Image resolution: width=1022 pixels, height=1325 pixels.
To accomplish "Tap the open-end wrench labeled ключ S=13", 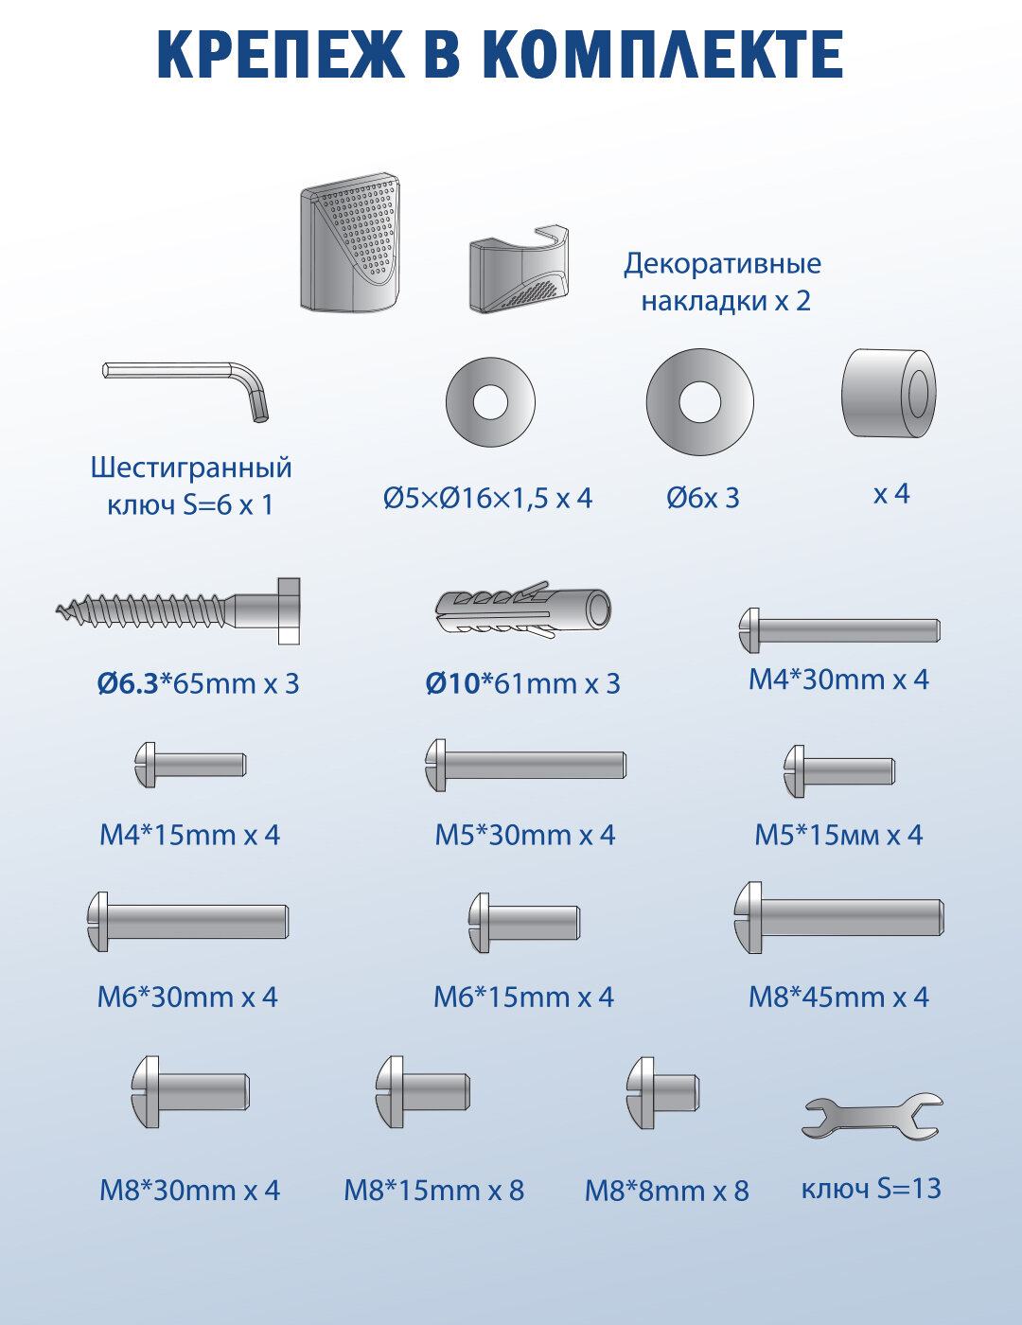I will [872, 1116].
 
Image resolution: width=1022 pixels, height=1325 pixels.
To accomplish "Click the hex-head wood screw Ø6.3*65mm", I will [180, 611].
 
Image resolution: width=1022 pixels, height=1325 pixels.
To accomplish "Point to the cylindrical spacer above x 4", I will [889, 394].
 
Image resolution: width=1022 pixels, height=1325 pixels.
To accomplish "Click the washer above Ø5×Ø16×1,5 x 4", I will [490, 402].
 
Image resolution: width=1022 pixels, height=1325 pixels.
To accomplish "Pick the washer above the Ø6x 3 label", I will [699, 402].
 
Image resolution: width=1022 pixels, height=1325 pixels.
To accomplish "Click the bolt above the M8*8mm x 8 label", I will [662, 1093].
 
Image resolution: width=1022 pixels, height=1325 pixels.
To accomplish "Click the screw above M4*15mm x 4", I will [190, 764].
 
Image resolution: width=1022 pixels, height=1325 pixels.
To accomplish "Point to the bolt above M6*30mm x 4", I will [187, 921].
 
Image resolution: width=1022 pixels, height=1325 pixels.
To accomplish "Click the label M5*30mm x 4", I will [524, 835].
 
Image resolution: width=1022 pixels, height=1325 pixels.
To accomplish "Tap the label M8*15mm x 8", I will [433, 1190].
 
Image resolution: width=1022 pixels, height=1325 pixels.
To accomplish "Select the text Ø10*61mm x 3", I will [522, 683].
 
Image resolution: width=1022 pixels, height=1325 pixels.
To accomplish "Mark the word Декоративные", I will [722, 263].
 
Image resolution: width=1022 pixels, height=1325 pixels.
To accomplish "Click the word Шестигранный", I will [191, 468].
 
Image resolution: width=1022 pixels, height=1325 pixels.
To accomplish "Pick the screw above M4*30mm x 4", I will [838, 630].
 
